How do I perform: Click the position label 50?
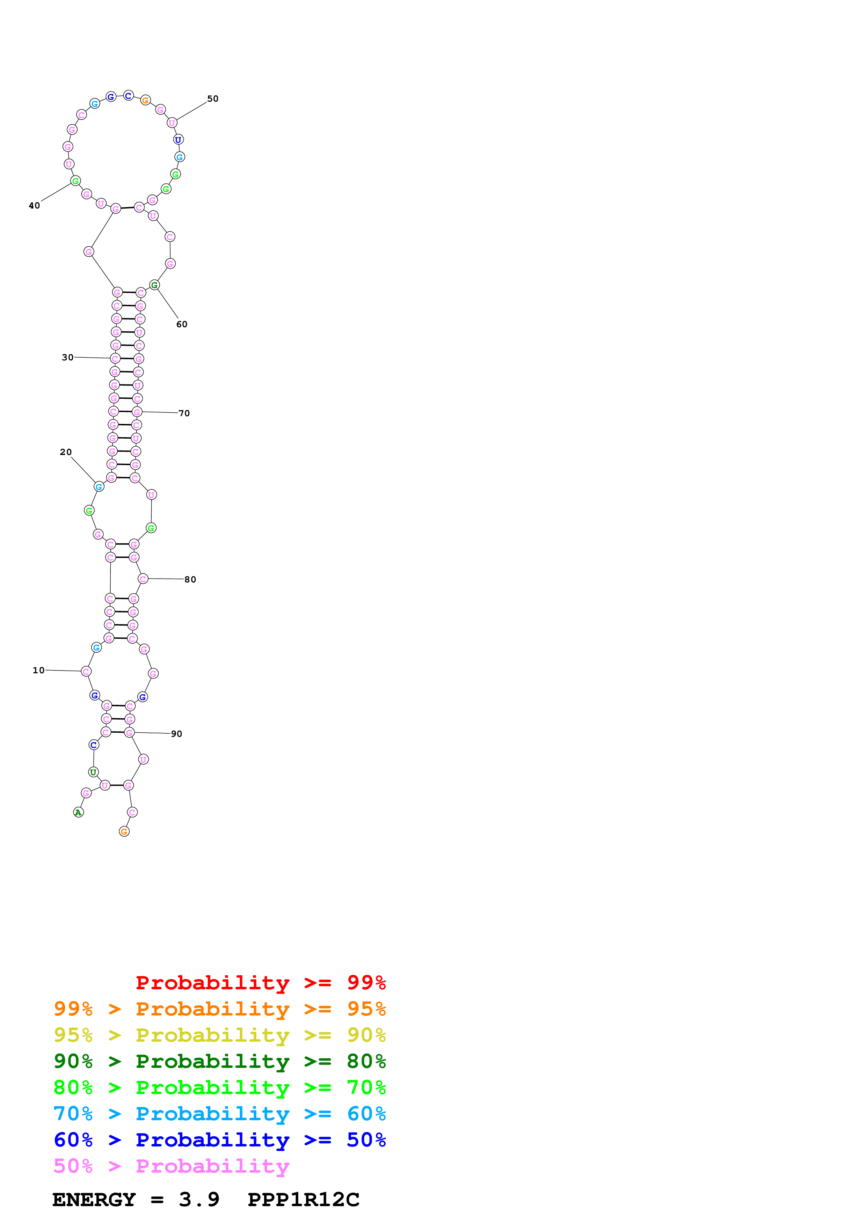click(x=212, y=99)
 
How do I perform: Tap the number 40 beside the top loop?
click(x=34, y=205)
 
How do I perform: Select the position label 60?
click(x=182, y=324)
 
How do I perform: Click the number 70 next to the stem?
click(x=184, y=413)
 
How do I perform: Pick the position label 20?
click(x=66, y=452)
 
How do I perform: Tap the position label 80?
click(x=190, y=579)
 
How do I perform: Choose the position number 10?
click(x=38, y=670)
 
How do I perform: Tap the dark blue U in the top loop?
click(x=178, y=140)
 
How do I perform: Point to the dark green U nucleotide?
click(x=93, y=772)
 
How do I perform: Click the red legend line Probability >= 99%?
click(x=260, y=983)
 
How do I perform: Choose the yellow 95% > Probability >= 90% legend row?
click(x=220, y=1035)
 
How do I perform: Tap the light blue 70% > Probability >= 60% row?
click(x=220, y=1114)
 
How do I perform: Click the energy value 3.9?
click(x=199, y=1200)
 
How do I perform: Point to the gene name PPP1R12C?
click(x=303, y=1200)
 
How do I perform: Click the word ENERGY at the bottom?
click(x=94, y=1200)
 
